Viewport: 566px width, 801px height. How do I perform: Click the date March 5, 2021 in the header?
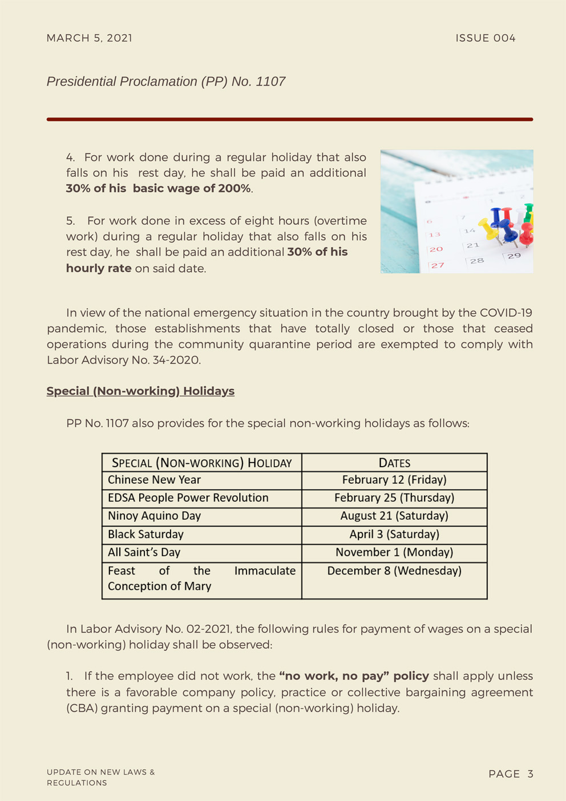[x=89, y=38]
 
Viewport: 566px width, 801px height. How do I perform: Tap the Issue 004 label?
[x=485, y=38]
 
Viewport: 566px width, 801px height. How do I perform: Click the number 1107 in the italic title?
[x=270, y=82]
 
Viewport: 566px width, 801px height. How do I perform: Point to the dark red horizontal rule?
[x=289, y=119]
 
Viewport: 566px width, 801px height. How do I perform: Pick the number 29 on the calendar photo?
[x=514, y=256]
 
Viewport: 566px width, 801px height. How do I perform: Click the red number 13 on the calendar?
[x=435, y=234]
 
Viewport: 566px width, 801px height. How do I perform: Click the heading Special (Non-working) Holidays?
[x=140, y=391]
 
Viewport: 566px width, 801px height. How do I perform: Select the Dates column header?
[x=394, y=463]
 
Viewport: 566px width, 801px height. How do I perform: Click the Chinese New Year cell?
[x=154, y=480]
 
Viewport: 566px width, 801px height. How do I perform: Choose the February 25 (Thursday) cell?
[x=394, y=498]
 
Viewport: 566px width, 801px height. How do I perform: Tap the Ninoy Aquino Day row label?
[x=154, y=516]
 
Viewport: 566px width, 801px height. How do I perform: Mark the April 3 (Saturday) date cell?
[x=394, y=535]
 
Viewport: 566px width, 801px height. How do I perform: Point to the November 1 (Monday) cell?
[x=394, y=552]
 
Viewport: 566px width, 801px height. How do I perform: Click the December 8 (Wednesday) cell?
[x=394, y=571]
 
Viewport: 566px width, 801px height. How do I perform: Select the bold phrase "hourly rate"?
[x=99, y=268]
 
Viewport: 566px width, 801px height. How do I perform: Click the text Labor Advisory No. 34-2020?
[x=123, y=360]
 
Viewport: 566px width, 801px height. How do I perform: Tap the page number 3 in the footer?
[x=530, y=774]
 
